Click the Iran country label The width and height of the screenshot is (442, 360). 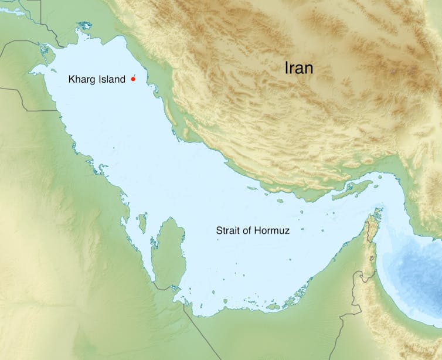tap(299, 68)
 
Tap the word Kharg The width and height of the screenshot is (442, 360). tap(80, 79)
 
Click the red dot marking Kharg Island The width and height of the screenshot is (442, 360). tap(133, 79)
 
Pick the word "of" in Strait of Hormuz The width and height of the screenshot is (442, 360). tap(247, 230)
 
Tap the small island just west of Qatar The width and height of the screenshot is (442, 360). tap(142, 223)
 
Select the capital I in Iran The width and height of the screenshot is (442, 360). tap(287, 68)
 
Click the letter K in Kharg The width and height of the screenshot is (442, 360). tap(72, 79)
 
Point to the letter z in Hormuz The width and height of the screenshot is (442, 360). tap(287, 230)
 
